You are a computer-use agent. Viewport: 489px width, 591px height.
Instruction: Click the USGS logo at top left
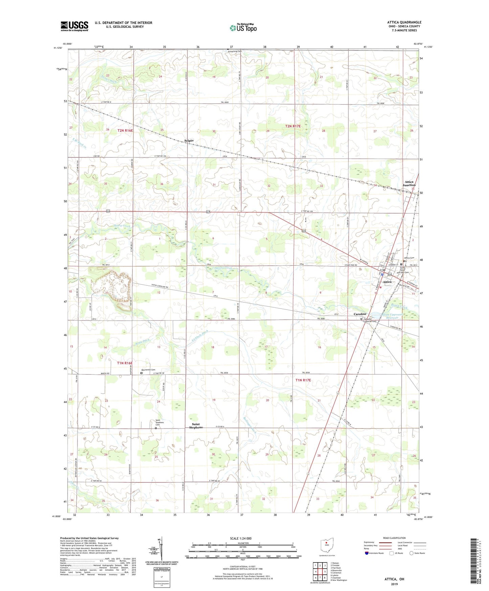74,26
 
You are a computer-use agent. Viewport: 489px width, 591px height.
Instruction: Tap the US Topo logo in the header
243,28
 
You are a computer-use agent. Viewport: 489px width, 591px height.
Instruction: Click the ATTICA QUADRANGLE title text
404,22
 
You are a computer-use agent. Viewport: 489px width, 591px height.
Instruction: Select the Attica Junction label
409,183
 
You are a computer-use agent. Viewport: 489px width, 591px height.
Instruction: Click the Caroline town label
360,314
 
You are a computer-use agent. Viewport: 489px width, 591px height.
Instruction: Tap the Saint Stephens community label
196,425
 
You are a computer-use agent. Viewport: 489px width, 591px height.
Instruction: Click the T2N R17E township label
293,126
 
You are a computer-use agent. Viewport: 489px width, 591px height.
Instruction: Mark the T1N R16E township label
125,363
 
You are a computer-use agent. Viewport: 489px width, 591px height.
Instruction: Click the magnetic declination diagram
161,549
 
